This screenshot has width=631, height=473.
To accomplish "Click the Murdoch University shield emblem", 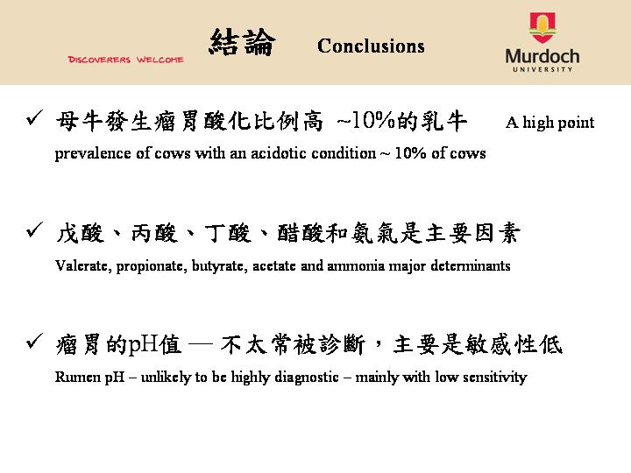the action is point(542,27).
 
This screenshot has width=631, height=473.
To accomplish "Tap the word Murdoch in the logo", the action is point(542,56).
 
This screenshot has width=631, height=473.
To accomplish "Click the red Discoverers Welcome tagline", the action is point(126,60).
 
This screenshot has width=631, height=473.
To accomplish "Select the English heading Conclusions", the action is point(371,46).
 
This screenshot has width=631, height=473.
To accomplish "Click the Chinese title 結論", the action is point(242,42).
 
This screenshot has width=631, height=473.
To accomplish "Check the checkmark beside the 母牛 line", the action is point(34,117).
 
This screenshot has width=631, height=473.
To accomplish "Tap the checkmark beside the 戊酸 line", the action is point(34,229).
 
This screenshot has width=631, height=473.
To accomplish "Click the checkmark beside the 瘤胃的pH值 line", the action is point(34,341).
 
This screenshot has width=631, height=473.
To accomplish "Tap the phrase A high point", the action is point(550,123).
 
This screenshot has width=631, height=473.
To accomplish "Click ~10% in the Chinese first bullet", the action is point(365,121).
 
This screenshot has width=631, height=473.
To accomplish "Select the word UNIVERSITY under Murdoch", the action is point(542,69).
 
